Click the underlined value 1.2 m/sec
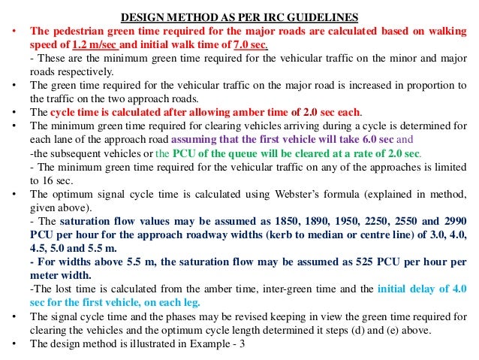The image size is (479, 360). click(96, 45)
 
